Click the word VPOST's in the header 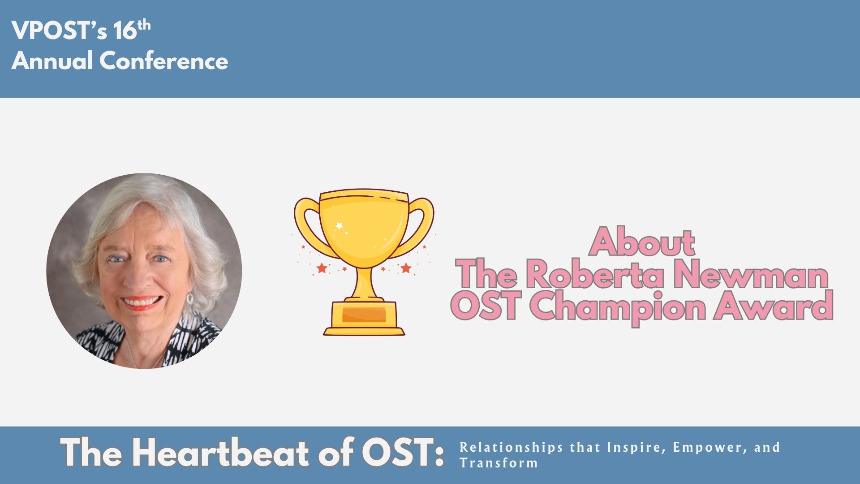click(x=59, y=30)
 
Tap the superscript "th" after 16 click(x=144, y=26)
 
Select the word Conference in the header click(x=163, y=60)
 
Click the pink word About click(x=642, y=242)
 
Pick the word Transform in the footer click(x=499, y=463)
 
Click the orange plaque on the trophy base click(x=364, y=315)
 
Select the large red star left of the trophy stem click(x=322, y=268)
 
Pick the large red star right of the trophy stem click(x=406, y=268)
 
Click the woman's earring click(x=190, y=298)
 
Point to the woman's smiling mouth click(x=140, y=303)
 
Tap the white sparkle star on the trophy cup click(x=340, y=225)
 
